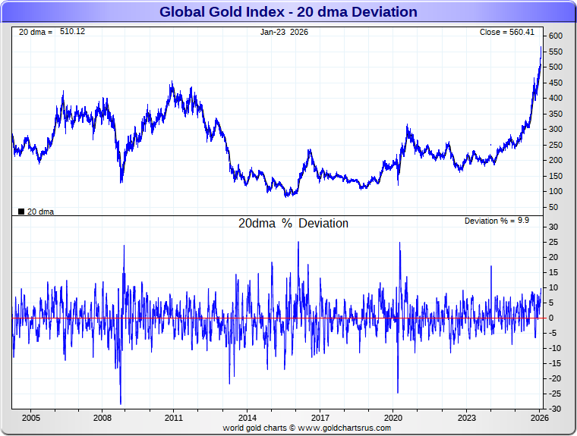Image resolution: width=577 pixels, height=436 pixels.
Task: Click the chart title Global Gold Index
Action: pos(288,12)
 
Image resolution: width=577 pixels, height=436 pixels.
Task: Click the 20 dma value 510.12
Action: pos(73,32)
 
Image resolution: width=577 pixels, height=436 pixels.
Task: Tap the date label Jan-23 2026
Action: pos(284,32)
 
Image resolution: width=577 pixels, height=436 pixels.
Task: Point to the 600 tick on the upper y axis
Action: pos(555,36)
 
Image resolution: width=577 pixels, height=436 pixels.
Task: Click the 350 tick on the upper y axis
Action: pos(555,114)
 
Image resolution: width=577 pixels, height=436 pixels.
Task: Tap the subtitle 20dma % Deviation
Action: pos(293,224)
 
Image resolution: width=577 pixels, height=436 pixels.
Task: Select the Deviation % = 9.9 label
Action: pos(497,221)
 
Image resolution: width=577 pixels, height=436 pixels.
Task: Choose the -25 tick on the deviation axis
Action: pos(554,394)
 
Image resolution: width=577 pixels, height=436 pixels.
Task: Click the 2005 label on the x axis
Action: pos(30,418)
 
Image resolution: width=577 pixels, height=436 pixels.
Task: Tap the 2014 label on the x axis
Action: pos(248,418)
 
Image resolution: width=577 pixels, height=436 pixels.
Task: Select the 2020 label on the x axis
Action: pos(393,418)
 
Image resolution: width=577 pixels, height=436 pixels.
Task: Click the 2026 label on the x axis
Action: pos(538,418)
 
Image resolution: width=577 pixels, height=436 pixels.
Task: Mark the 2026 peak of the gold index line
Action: pos(541,47)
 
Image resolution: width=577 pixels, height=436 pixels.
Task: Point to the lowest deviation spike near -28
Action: pos(121,404)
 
